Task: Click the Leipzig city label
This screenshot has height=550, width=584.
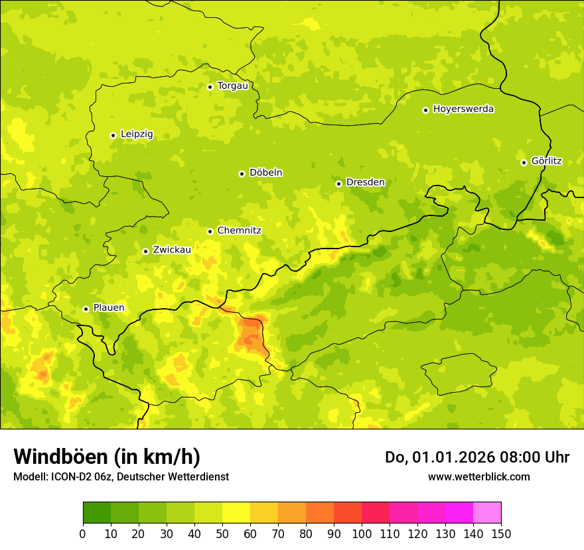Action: coord(137,135)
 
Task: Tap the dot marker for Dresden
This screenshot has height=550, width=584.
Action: coord(338,184)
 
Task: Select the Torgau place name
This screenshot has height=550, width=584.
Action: coord(232,86)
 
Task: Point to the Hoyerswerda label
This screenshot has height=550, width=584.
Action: coord(463,109)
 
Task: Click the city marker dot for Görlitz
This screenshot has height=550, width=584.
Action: coord(524,162)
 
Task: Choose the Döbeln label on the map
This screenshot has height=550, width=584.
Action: coord(265,173)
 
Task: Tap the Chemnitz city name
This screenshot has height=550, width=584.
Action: coord(239,231)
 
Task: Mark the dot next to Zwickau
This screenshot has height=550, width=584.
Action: coord(145,251)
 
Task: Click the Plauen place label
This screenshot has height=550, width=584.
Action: coord(108,308)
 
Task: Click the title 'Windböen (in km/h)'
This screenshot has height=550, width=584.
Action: coord(107,457)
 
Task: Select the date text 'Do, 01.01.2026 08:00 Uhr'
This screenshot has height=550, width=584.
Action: coord(476,457)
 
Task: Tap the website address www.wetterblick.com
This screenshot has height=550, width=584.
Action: coord(478,477)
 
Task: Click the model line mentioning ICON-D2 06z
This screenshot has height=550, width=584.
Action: coord(121,477)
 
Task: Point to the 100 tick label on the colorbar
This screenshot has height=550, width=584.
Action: coord(362,533)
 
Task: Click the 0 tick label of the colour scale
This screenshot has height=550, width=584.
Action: coord(83,533)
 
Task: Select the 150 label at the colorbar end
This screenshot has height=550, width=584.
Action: coord(501,533)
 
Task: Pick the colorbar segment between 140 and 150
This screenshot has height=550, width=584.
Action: coord(487,513)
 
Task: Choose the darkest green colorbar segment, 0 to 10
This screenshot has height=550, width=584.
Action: coord(97,513)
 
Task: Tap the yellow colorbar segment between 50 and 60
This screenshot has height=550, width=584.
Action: coord(236,513)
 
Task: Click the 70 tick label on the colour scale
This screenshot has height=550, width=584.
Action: coord(278,533)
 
